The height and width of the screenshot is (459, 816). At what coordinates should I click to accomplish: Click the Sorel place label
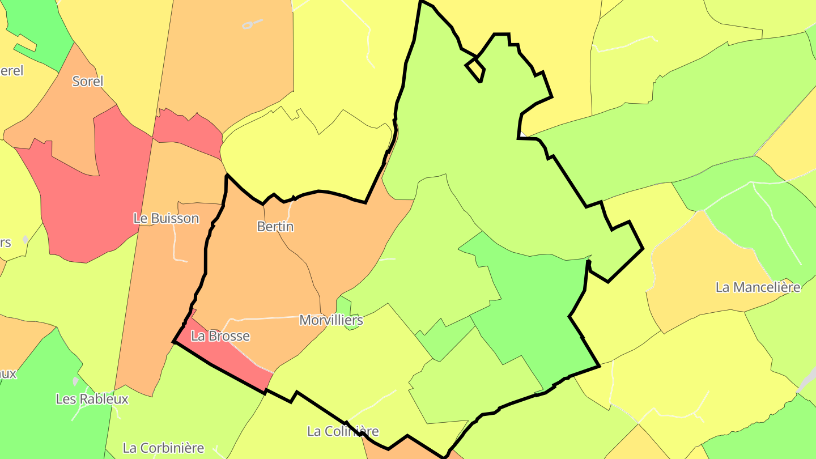click(x=88, y=81)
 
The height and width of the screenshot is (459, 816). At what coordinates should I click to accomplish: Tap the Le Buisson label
click(x=166, y=218)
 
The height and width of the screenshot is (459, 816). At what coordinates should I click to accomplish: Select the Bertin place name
click(x=275, y=227)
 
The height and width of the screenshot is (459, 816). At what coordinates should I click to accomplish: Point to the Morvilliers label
click(x=331, y=320)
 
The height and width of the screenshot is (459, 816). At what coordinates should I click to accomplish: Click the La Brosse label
click(x=220, y=336)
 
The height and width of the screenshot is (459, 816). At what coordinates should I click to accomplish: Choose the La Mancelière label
click(x=758, y=287)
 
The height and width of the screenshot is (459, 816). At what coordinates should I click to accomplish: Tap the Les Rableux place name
click(x=92, y=399)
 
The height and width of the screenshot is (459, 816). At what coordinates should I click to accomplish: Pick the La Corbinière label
click(x=163, y=448)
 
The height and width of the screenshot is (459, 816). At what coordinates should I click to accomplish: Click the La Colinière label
click(x=342, y=431)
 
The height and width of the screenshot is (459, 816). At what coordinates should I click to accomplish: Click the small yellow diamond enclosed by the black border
click(x=475, y=70)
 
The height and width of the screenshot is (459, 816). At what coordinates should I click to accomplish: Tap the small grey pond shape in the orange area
click(x=248, y=25)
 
